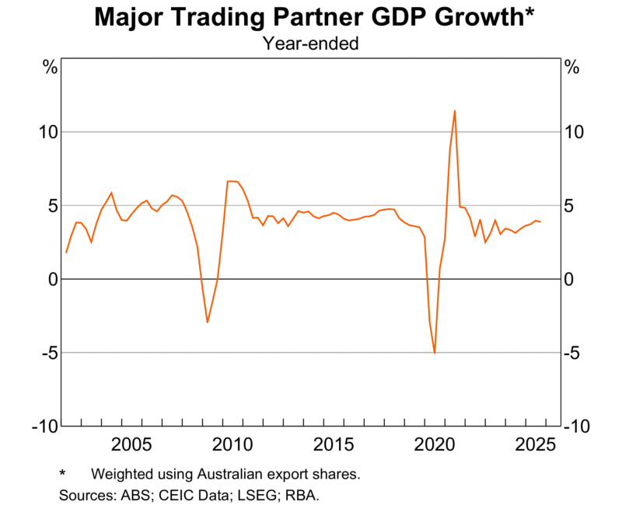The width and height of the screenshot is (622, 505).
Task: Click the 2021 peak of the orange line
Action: coord(455,111)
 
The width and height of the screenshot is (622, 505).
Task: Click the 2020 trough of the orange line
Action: coord(435,353)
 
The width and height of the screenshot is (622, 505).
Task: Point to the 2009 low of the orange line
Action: coord(208,322)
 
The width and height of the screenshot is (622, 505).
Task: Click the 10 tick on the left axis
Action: coord(48,132)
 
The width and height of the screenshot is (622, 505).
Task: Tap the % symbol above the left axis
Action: coord(51,68)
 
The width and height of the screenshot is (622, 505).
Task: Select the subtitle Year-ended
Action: coord(310,44)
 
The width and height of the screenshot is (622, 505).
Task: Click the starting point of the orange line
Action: coord(66,252)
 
